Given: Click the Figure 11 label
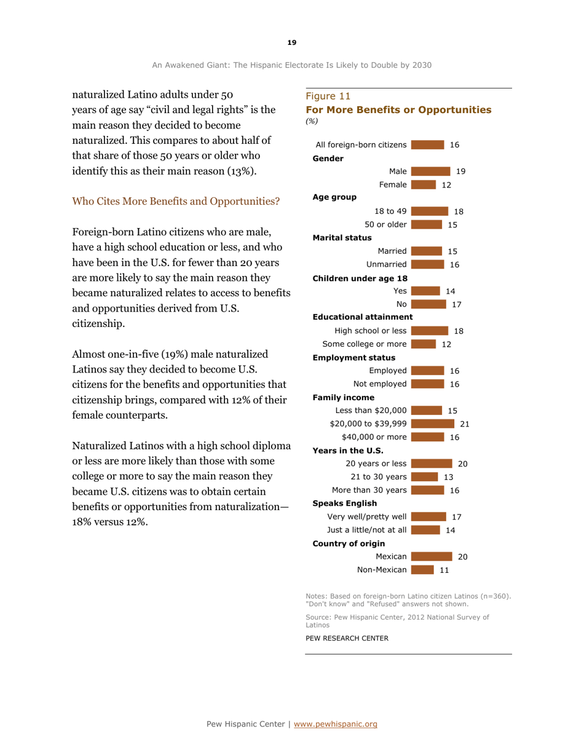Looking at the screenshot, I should click(322, 96).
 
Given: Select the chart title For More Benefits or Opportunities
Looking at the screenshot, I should click(398, 109).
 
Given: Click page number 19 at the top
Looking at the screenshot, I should click(291, 42).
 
